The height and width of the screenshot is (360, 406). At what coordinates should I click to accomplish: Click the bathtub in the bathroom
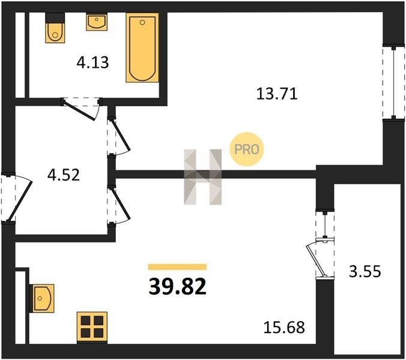pyautogui.click(x=142, y=47)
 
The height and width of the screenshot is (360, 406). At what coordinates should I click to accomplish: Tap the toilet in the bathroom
pyautogui.click(x=55, y=28)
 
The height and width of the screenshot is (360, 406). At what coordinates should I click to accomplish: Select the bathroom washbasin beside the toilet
pyautogui.click(x=97, y=22)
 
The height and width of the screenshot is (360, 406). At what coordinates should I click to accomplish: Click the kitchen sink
pyautogui.click(x=42, y=298)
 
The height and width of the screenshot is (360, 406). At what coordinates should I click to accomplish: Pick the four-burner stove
pyautogui.click(x=92, y=328)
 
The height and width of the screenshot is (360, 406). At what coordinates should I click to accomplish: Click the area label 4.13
pyautogui.click(x=92, y=63)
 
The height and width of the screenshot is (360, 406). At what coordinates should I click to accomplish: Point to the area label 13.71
pyautogui.click(x=277, y=94)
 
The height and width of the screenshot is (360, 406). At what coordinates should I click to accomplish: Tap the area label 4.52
pyautogui.click(x=64, y=175)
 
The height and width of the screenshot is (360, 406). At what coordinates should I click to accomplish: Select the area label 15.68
pyautogui.click(x=284, y=327)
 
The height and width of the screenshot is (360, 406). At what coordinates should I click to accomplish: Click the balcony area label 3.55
pyautogui.click(x=365, y=272)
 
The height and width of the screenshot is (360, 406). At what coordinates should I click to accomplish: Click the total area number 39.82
pyautogui.click(x=178, y=287)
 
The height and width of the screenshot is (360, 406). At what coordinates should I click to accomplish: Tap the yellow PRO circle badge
pyautogui.click(x=246, y=149)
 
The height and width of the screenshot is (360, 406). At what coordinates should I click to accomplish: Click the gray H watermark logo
pyautogui.click(x=203, y=177)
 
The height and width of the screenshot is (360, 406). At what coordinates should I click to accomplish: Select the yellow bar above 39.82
pyautogui.click(x=177, y=267)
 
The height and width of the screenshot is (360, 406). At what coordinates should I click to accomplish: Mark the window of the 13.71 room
pyautogui.click(x=393, y=83)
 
